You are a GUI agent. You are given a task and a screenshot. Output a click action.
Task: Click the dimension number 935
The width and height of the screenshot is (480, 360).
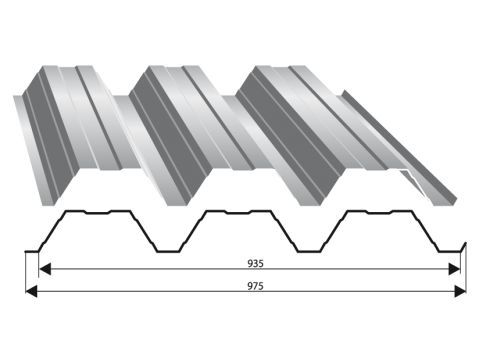pos(255,264)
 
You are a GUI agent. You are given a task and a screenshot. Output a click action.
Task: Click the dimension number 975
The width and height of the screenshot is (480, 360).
pos(255,286)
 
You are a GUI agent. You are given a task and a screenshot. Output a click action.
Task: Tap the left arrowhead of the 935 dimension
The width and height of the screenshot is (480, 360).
pos(45,269)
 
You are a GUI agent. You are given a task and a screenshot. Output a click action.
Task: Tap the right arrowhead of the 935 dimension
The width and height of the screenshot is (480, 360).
pos(454,269)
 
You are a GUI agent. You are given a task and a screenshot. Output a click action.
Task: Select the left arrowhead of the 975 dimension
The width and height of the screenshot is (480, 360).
pos(31,291)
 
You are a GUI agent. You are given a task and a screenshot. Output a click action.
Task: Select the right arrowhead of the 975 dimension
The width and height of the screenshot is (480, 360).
pos(460,291)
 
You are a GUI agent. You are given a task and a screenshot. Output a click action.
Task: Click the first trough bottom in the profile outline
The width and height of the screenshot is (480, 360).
pos(168,251)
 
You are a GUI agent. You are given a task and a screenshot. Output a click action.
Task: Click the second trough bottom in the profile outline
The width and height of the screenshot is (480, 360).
pos(309,251)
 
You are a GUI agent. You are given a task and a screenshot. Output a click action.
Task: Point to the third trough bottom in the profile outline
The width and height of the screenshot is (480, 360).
pos(450,251)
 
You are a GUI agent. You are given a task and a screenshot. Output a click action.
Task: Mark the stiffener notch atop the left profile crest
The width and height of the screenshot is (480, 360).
pos(97,212)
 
